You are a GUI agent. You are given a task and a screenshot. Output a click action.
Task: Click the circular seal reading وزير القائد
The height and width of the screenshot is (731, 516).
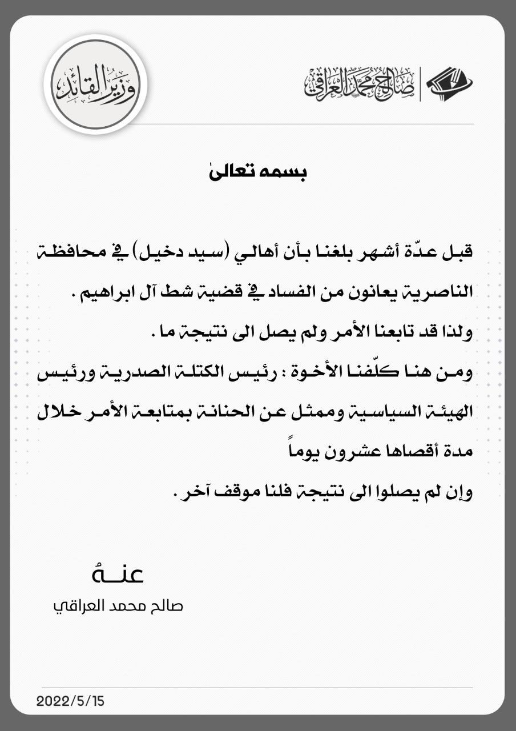95,84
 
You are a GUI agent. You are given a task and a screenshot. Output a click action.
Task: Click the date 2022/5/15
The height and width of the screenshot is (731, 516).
71,701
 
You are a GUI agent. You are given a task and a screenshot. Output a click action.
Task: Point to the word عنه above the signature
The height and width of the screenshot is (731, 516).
117,573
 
